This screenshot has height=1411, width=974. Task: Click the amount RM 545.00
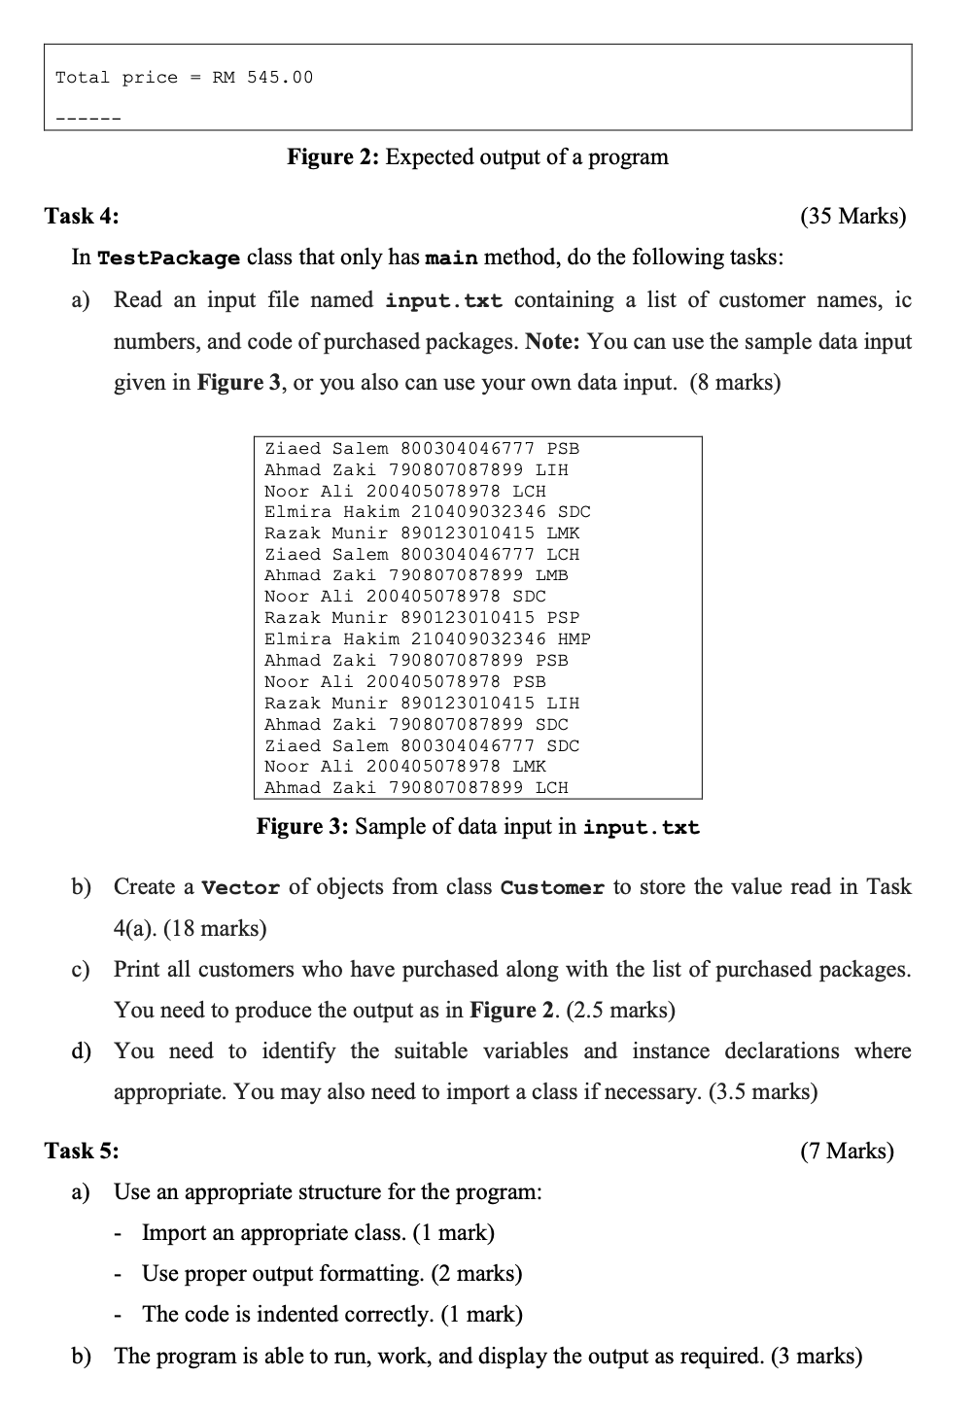pos(263,78)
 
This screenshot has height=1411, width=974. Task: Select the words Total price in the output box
pos(117,78)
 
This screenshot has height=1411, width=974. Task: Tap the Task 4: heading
pos(82,216)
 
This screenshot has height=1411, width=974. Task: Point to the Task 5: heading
pos(82,1151)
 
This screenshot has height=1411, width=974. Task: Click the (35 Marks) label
pos(852,216)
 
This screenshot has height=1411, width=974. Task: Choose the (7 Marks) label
pos(847,1151)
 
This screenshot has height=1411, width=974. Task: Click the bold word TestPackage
pos(169,258)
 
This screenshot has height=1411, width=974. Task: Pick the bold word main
pos(452,258)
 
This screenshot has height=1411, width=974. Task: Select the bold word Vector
pos(240,888)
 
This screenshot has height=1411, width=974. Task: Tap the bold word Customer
pos(552,888)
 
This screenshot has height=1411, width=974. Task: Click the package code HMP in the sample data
pos(574,639)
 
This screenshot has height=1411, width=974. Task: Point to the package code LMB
pos(552,575)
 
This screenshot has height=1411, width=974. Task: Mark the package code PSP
pos(563,618)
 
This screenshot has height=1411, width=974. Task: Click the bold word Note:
pos(553,342)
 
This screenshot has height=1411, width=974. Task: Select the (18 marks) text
pos(215,928)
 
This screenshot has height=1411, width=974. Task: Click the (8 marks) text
pos(735,382)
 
